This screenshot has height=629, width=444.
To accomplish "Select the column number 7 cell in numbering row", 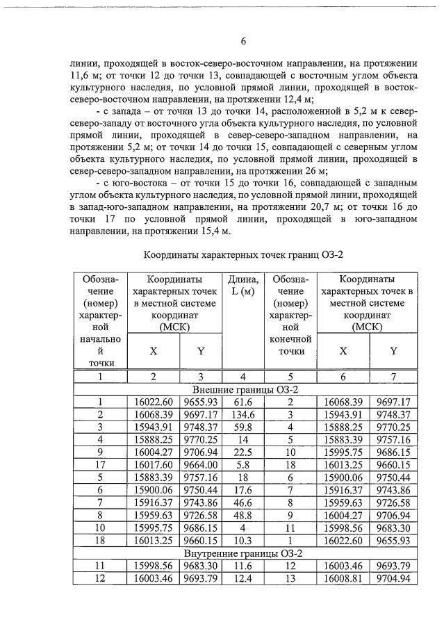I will [x=393, y=376].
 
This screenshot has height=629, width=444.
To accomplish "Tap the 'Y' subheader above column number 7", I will [x=393, y=351].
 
